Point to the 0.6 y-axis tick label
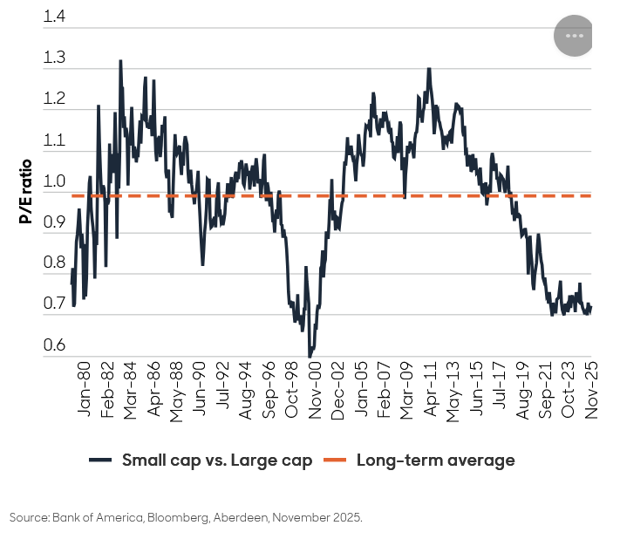click(54, 345)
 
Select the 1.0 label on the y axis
click(54, 181)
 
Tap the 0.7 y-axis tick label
click(54, 304)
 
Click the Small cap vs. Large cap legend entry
click(216, 461)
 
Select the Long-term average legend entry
click(435, 461)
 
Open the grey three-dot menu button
click(574, 36)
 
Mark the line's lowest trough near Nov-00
click(310, 357)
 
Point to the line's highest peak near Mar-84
click(120, 61)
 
